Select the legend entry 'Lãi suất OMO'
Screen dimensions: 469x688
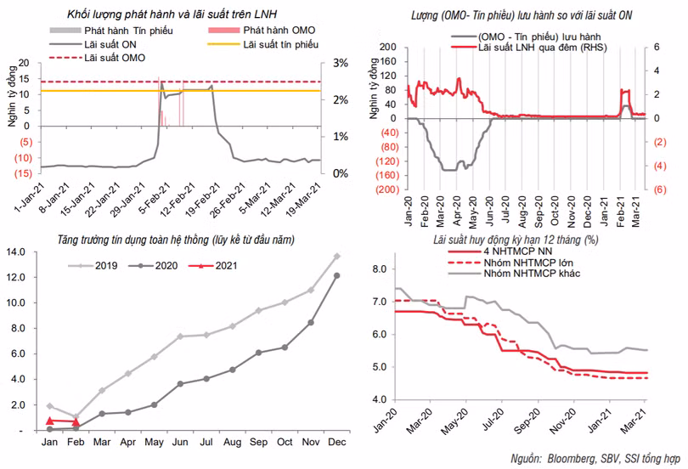pyautogui.click(x=116, y=57)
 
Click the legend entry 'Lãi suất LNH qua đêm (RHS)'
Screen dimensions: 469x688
pyautogui.click(x=544, y=48)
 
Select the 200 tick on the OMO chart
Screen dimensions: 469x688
pyautogui.click(x=387, y=48)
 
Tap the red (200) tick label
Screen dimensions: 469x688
pyautogui.click(x=385, y=189)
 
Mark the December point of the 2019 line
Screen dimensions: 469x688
pyautogui.click(x=336, y=256)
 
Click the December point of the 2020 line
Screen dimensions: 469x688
pyautogui.click(x=336, y=275)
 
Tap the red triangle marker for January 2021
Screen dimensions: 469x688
pyautogui.click(x=49, y=421)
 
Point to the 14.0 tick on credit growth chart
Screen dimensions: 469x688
pyautogui.click(x=19, y=251)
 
